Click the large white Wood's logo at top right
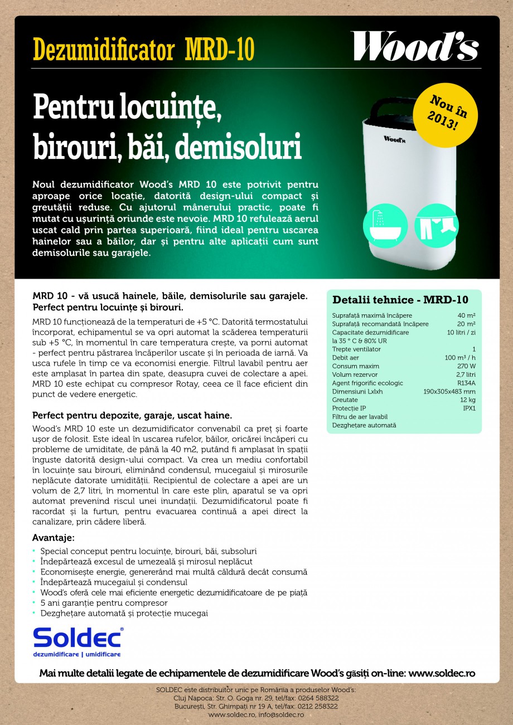tap(414, 46)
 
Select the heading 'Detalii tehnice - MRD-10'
tap(400, 300)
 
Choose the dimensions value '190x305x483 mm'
tap(449, 391)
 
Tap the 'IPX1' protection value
tap(469, 408)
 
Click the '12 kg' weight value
tap(467, 400)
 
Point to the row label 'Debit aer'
tap(345, 358)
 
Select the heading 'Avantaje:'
tap(54, 538)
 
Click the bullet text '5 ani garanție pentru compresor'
tap(104, 603)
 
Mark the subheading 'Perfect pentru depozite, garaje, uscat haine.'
tap(132, 416)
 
